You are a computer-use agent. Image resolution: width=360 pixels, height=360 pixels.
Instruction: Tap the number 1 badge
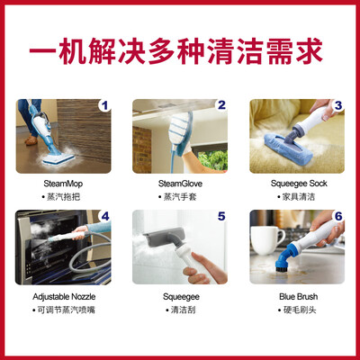(104, 105)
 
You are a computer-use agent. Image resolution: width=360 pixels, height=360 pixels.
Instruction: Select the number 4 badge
(104, 216)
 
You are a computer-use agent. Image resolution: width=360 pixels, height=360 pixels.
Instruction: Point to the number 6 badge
(338, 216)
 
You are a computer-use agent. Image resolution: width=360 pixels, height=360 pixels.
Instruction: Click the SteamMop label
(63, 184)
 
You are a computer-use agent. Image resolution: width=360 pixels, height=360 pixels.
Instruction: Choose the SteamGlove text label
(180, 184)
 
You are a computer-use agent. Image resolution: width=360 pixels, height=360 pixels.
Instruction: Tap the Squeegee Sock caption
(299, 184)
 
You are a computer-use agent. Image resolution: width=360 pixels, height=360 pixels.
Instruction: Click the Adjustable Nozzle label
(64, 297)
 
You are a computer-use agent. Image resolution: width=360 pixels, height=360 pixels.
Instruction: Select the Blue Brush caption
(299, 297)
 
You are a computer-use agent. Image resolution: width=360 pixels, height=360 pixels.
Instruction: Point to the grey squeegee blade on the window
(164, 237)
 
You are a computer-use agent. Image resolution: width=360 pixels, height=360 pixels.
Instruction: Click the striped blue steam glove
(181, 133)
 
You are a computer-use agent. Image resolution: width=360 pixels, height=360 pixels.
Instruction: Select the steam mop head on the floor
(58, 159)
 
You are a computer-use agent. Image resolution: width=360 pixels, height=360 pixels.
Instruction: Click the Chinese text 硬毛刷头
(300, 310)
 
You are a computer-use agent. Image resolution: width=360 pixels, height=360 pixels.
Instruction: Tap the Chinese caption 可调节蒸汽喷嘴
(66, 310)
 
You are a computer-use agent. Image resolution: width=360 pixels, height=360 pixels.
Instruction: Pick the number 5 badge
(221, 216)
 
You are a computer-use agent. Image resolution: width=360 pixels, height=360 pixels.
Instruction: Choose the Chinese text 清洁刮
(183, 310)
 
